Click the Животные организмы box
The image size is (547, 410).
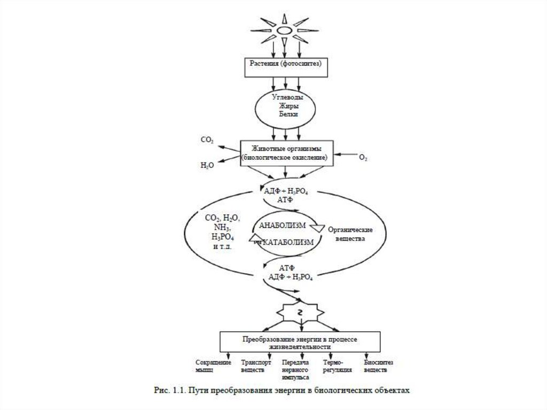284,153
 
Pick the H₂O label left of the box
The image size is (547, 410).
207,166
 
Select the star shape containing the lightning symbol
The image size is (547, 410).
301,312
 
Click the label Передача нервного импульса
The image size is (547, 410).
295,369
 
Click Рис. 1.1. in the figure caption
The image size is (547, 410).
166,390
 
